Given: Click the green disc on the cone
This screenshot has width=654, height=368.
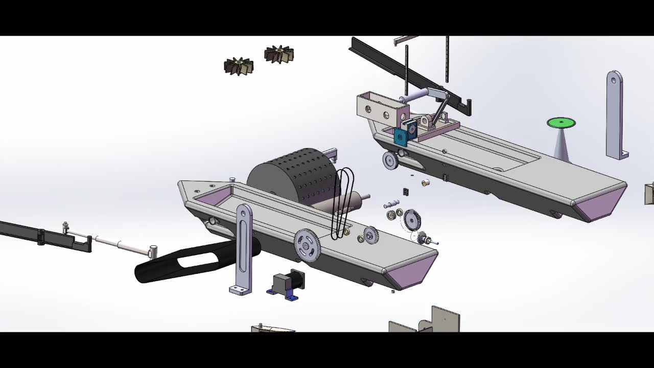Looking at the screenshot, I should pyautogui.click(x=561, y=123).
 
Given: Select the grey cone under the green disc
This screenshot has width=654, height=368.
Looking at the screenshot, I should pyautogui.click(x=562, y=146).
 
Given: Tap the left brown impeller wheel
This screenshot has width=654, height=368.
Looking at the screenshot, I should pyautogui.click(x=238, y=66).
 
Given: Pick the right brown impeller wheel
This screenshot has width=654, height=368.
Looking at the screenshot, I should pyautogui.click(x=279, y=54).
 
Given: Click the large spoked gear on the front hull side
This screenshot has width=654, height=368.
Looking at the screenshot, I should pyautogui.click(x=307, y=245).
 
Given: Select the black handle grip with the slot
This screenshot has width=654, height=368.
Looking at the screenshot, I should pyautogui.click(x=194, y=261).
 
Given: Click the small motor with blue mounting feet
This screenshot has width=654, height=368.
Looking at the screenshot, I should pyautogui.click(x=287, y=284).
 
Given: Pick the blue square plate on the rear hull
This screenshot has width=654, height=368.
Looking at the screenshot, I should pyautogui.click(x=401, y=137).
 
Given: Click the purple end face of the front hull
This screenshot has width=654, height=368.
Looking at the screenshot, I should pyautogui.click(x=411, y=271).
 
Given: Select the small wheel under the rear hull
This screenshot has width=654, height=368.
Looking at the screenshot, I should pyautogui.click(x=390, y=160).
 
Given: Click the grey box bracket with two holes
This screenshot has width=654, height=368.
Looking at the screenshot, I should pyautogui.click(x=381, y=107).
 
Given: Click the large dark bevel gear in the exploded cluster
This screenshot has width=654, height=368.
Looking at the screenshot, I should pyautogui.click(x=411, y=220).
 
